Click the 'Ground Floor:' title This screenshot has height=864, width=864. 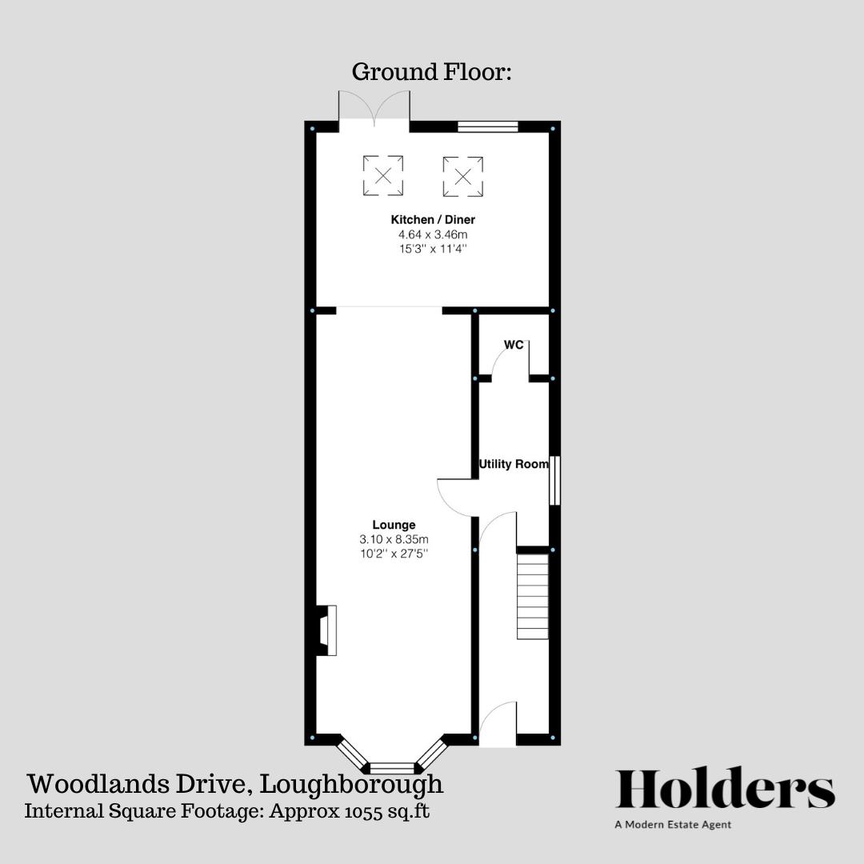tap(431, 72)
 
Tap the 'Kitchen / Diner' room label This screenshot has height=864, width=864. tap(432, 219)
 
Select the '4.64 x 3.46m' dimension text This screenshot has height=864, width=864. tap(432, 234)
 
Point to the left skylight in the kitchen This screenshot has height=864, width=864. tap(383, 175)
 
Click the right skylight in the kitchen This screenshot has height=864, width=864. tap(463, 175)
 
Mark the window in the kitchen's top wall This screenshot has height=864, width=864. tap(487, 126)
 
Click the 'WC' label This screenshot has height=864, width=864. tap(514, 345)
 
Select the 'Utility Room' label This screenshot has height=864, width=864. tap(514, 464)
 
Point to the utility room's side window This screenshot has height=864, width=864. tap(554, 480)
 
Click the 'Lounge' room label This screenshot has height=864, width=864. tap(394, 525)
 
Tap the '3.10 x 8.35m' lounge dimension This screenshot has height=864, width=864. tap(394, 539)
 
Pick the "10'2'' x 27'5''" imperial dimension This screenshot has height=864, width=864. tap(394, 554)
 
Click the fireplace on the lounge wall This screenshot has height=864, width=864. tap(326, 631)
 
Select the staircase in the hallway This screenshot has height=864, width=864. tap(533, 598)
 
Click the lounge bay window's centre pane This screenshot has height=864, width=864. tap(393, 767)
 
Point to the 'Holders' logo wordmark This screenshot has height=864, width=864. tap(725, 789)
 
